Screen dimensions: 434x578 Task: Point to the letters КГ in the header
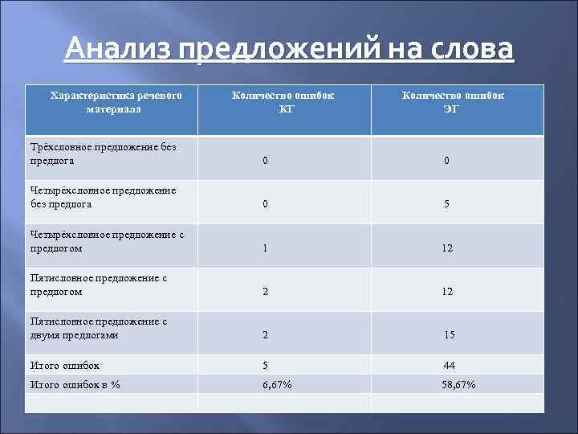pos(286,110)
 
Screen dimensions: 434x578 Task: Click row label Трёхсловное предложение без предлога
pos(103,154)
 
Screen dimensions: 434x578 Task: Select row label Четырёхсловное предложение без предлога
pos(103,198)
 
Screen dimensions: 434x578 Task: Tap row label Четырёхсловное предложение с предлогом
pos(108,242)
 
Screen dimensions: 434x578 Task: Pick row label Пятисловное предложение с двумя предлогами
pos(98,329)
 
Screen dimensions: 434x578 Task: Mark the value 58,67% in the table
pos(458,385)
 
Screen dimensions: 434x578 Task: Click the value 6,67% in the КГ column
pos(277,385)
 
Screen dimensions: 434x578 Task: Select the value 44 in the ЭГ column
pos(449,366)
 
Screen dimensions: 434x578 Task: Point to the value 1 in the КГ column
pos(265,249)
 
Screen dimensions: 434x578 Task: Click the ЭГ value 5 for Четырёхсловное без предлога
pos(447,205)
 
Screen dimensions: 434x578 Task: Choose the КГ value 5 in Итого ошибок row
pos(265,366)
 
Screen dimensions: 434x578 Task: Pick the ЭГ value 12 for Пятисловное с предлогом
pos(447,293)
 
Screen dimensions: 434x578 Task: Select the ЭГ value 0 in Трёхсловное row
pos(447,161)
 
